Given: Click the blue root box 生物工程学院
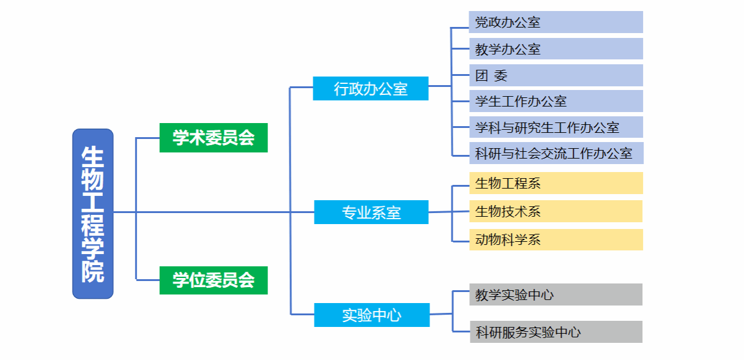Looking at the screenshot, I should [x=93, y=214].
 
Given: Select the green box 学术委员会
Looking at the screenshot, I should [x=214, y=138].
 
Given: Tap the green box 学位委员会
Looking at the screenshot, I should [x=214, y=280].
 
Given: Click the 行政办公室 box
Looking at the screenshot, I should [x=370, y=89].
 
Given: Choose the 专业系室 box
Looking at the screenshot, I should [x=371, y=212].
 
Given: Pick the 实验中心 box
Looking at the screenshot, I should [x=371, y=315].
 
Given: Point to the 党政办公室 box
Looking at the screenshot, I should [x=556, y=23].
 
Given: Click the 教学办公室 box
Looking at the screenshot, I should [x=556, y=49].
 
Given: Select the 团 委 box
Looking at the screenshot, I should [x=556, y=75].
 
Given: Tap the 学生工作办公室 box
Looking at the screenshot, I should [x=556, y=101].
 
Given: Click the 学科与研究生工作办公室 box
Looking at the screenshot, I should [x=556, y=127].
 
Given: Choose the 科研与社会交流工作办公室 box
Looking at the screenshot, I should [x=556, y=153].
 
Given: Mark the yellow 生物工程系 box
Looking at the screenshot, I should [x=556, y=183].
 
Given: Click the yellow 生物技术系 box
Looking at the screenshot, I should [x=556, y=211].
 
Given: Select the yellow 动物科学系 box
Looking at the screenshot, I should [x=556, y=239].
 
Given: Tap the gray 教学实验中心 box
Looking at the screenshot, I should [x=556, y=294].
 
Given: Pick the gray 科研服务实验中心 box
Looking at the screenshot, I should [x=556, y=332].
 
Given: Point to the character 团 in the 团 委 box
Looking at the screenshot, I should [x=482, y=76].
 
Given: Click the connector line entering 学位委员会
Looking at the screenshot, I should [x=147, y=280].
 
